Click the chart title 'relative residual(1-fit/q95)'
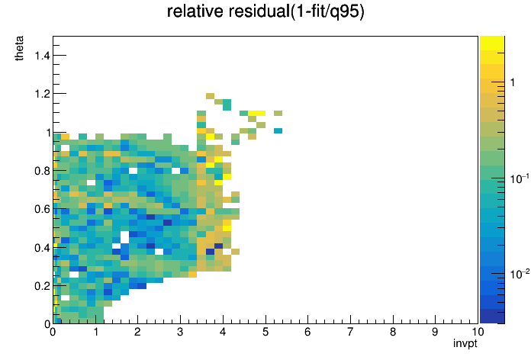tap(265, 11)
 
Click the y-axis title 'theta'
tap(19, 48)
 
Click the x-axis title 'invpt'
tap(465, 343)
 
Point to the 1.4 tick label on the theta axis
tap(42, 55)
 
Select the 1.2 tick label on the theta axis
tap(42, 94)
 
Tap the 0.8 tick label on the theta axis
tap(42, 171)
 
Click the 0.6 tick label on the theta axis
tap(42, 209)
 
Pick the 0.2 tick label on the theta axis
tap(42, 286)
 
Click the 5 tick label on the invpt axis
tap(265, 332)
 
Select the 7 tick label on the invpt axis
tap(350, 332)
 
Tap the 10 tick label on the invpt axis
tap(478, 332)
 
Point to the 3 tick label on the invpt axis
tap(180, 332)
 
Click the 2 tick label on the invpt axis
tap(137, 332)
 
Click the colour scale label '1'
tap(513, 82)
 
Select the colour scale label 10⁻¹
tap(520, 178)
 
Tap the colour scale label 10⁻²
tap(520, 274)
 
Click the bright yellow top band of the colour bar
tap(492, 43)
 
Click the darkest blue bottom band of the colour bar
tap(492, 317)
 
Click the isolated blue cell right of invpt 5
tap(278, 130)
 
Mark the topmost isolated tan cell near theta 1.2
tap(210, 96)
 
